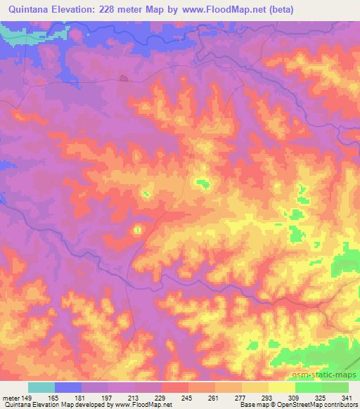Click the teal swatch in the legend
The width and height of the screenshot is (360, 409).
click(x=41, y=387)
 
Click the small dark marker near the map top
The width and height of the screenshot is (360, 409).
click(x=124, y=78)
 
